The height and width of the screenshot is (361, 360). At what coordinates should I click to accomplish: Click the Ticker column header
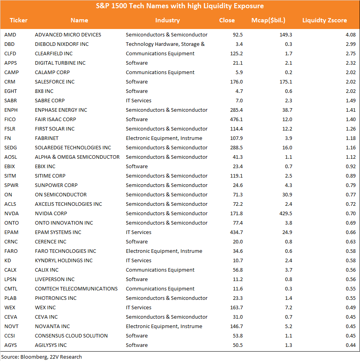[18, 20]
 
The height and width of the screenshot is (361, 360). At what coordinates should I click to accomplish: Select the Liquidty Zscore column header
[325, 20]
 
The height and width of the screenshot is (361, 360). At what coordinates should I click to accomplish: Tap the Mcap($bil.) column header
[268, 20]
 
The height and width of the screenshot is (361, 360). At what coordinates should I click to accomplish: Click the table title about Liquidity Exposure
[180, 6]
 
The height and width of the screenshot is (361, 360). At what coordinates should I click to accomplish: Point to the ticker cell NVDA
[11, 213]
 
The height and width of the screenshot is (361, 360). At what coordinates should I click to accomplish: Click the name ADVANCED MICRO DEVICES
[68, 35]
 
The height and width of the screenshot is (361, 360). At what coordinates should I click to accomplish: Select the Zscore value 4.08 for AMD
[351, 35]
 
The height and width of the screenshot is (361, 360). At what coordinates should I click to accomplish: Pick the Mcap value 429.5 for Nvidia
[285, 213]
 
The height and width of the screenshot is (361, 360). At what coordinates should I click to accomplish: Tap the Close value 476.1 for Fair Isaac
[236, 119]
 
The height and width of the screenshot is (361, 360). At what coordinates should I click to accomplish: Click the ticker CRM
[10, 82]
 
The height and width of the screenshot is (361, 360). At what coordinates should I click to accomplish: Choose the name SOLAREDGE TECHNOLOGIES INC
[73, 148]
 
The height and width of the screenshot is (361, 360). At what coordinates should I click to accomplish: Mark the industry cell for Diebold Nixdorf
[165, 44]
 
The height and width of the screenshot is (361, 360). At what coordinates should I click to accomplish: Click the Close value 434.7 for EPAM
[236, 232]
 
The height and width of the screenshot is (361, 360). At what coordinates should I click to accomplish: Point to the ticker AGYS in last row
[11, 345]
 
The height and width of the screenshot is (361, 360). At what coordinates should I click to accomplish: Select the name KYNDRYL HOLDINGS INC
[64, 260]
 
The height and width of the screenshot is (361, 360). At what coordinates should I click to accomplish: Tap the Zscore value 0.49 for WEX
[351, 307]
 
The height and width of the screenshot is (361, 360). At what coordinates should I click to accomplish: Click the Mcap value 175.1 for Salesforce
[285, 82]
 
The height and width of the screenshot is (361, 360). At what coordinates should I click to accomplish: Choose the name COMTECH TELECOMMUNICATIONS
[76, 289]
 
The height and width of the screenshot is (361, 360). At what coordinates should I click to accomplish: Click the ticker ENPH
[11, 110]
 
